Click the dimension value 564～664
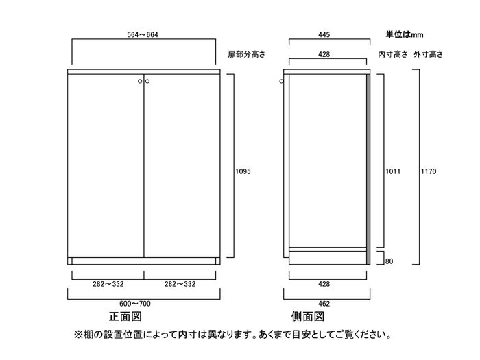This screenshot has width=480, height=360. coord(144,33)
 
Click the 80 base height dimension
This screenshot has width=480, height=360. coord(389,261)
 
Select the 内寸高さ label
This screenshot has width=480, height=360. coord(392,54)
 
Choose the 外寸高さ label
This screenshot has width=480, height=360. coord(429,54)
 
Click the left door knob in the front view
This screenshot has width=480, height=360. coord(140,82)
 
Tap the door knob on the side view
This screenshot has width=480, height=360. coord(282,82)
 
